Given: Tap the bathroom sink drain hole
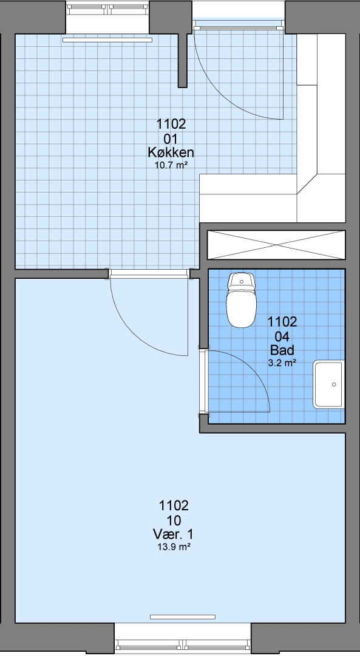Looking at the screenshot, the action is (x=334, y=384).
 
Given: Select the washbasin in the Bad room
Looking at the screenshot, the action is (x=328, y=384).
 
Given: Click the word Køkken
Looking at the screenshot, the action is (x=171, y=151).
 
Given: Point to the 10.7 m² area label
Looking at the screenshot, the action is (x=171, y=165).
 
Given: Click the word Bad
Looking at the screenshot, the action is (x=282, y=350).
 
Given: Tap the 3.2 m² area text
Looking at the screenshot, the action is (x=282, y=363).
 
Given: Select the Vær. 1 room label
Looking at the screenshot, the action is (x=174, y=534).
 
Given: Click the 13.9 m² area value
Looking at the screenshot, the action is (x=174, y=547).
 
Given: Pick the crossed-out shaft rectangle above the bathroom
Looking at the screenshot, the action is (x=276, y=244).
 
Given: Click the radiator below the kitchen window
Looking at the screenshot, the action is (x=107, y=40).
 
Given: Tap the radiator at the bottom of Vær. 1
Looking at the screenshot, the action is (x=183, y=617).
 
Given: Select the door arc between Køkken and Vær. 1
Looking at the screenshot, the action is (x=134, y=335).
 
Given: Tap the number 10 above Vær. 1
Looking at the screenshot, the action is (x=174, y=521).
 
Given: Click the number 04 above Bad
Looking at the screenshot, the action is (x=282, y=337).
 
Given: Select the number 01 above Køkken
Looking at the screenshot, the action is (x=171, y=138).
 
